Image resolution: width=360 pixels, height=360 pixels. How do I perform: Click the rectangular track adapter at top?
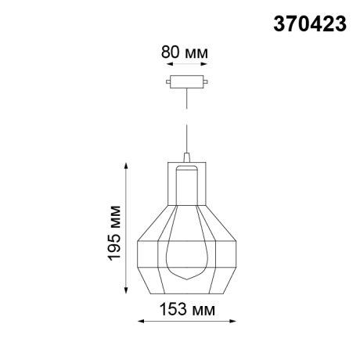point(185,81)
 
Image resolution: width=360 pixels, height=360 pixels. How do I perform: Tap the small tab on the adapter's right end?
point(206,81)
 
